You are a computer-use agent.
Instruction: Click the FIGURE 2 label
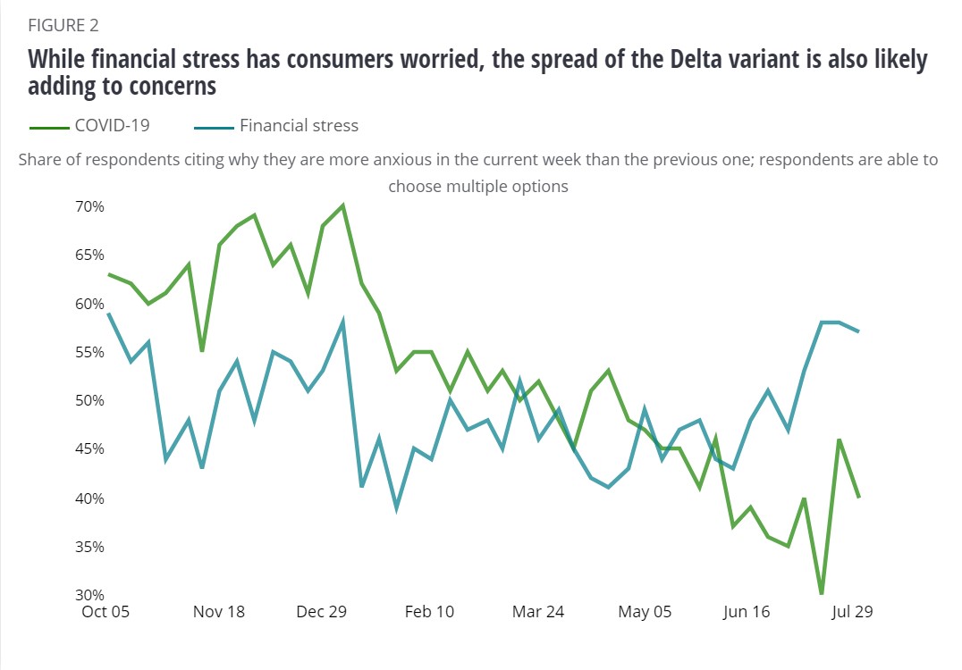(64, 25)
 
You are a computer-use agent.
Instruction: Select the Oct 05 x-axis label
(105, 612)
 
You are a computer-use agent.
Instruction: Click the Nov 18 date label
(220, 612)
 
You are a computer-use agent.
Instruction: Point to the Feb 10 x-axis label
(430, 612)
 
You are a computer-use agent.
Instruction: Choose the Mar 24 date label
(538, 612)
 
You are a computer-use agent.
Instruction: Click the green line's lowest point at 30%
(821, 594)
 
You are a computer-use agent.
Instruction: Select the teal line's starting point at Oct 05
(108, 313)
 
